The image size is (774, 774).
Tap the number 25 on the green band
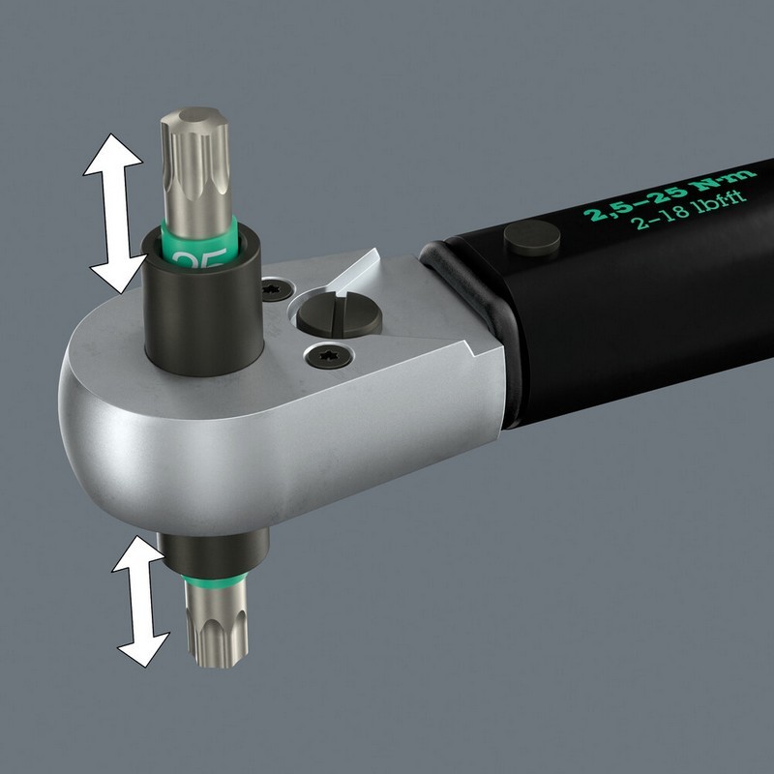point(203,258)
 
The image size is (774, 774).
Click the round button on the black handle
point(533,237)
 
